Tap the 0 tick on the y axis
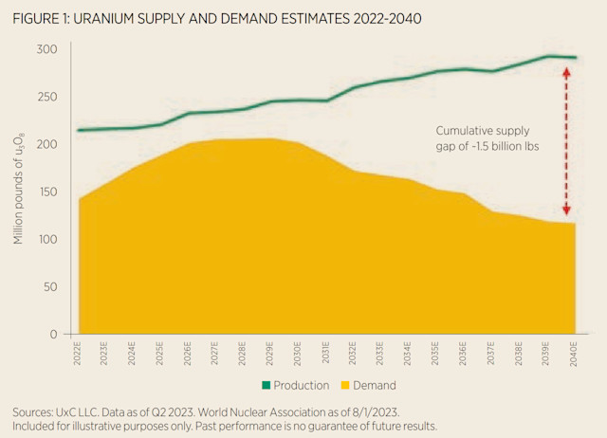tap(53, 334)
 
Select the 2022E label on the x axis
tap(77, 355)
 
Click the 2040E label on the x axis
tap(573, 355)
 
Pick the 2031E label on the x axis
tap(325, 355)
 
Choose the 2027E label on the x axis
tap(215, 355)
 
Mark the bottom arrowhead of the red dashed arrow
tap(566, 214)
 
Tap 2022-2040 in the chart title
tap(383, 18)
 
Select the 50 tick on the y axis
tap(48, 286)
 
